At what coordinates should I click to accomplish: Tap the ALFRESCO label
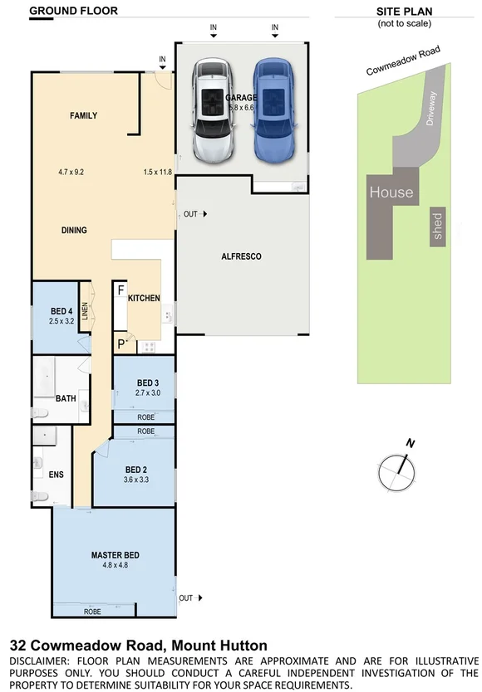(241, 256)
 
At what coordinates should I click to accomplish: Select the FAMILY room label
(83, 116)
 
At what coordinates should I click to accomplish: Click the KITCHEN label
(144, 298)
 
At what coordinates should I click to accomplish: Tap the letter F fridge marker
(120, 290)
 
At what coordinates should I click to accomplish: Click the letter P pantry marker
(120, 343)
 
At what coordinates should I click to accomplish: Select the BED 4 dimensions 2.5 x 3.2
(61, 320)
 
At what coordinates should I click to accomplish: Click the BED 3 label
(147, 383)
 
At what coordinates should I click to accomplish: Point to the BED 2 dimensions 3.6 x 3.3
(135, 479)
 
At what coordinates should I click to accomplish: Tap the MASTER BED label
(115, 555)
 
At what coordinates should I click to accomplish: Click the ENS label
(57, 475)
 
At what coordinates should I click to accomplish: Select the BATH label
(66, 398)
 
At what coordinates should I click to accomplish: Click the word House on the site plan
(391, 192)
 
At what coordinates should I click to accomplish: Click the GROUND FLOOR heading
(73, 11)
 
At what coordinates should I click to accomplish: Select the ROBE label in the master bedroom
(93, 612)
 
